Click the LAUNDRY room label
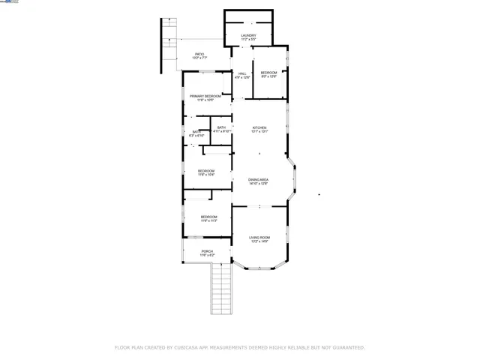248,35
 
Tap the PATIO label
199,53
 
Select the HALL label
242,73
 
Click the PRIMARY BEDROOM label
205,96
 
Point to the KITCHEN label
259,127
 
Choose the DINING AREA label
259,180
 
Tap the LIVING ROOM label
259,238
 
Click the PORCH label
207,251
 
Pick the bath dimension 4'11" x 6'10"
221,132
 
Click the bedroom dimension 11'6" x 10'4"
206,175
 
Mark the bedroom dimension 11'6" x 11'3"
208,221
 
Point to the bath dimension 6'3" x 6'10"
195,136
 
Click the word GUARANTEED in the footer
346,348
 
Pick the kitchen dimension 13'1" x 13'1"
259,132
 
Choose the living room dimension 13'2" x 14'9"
259,241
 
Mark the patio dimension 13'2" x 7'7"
199,57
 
